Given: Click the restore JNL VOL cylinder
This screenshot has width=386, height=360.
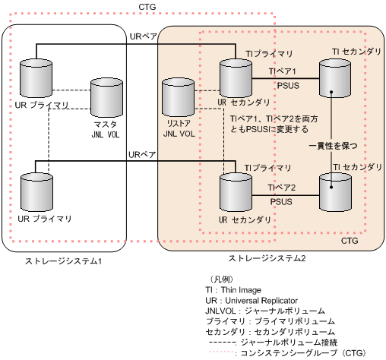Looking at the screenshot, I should (179, 98).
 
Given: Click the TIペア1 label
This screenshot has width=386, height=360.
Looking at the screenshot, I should (283, 70).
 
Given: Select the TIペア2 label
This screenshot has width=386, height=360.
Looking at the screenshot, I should (283, 187).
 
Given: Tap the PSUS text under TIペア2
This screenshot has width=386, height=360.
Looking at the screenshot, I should (283, 203).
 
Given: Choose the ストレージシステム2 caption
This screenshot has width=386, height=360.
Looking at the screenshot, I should (261, 259).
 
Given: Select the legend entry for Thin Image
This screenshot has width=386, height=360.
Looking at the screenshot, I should (233, 289).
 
